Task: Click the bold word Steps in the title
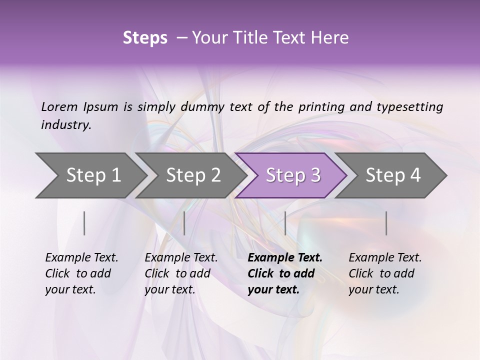(x=145, y=38)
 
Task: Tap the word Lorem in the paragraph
(x=59, y=106)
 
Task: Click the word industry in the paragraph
(x=66, y=125)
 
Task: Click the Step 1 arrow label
(x=93, y=175)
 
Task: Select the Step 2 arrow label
(x=193, y=175)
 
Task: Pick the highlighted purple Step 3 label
(x=293, y=175)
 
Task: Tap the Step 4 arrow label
(x=393, y=175)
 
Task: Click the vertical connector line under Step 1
(x=84, y=223)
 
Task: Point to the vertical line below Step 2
(x=184, y=223)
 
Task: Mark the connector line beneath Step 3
(x=285, y=223)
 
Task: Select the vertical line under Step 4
(x=386, y=223)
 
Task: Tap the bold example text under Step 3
(x=284, y=273)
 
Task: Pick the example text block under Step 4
(x=384, y=273)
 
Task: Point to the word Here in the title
(x=332, y=38)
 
